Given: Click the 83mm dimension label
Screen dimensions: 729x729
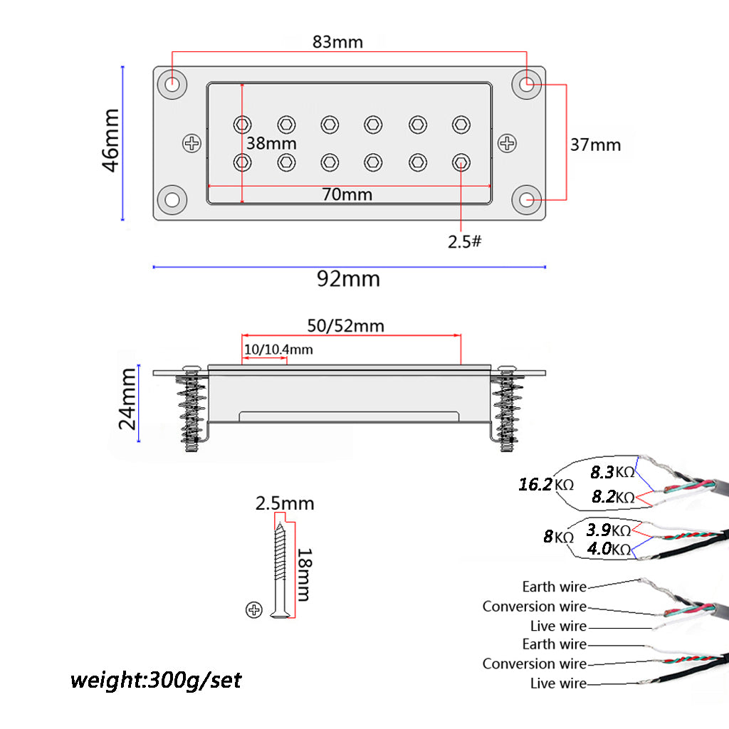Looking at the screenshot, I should (x=337, y=42).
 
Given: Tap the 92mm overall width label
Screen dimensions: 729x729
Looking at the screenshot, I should (x=348, y=278).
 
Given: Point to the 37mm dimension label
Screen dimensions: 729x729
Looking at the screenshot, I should (x=595, y=145).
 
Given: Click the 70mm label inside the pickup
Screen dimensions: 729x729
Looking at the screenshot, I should (x=347, y=194).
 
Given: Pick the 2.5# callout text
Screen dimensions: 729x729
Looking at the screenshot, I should (x=464, y=241).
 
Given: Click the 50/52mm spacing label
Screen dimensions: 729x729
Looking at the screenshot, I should (x=345, y=326).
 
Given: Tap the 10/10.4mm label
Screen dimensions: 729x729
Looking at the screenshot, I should (x=278, y=350).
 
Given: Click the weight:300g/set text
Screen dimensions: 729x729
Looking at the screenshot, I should (x=156, y=680).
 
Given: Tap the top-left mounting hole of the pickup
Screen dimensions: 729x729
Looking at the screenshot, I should (x=172, y=84).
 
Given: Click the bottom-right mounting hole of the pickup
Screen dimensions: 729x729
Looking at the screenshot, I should (x=528, y=200).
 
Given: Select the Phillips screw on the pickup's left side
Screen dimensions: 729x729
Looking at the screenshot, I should (x=192, y=143).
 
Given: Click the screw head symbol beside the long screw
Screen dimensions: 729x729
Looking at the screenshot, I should (x=254, y=609).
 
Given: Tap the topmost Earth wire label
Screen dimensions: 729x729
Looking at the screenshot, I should (x=554, y=587).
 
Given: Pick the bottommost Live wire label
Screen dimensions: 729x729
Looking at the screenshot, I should (x=558, y=683).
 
